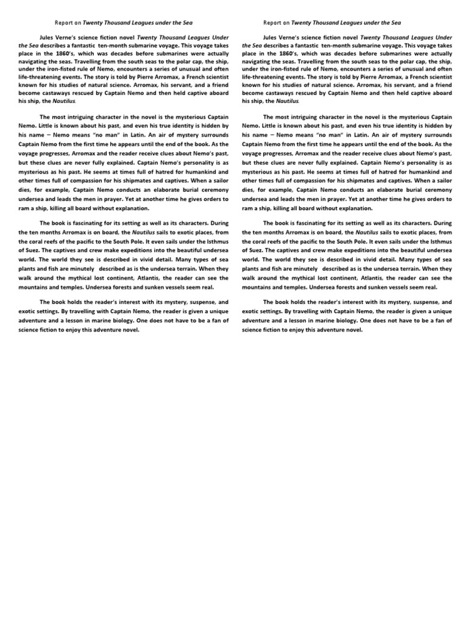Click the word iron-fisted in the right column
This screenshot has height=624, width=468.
tap(285, 70)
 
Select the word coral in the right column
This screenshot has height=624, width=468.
tap(261, 240)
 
